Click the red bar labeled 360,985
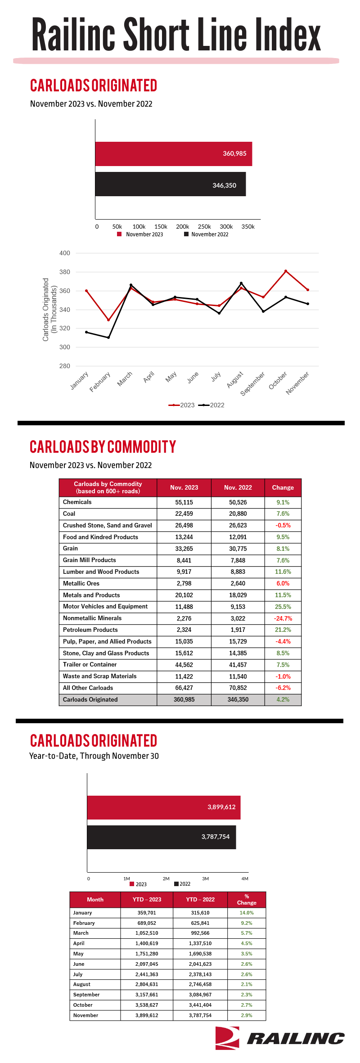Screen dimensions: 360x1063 (x=174, y=154)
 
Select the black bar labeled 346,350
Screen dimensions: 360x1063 (x=171, y=184)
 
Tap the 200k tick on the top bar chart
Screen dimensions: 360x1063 (x=182, y=227)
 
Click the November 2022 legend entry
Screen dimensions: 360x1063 (x=206, y=234)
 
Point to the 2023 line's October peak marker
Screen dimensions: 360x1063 (x=286, y=271)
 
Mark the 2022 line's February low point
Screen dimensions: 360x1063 (x=108, y=338)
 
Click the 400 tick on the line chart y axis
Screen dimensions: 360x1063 (x=65, y=253)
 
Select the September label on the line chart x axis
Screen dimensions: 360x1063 (x=253, y=383)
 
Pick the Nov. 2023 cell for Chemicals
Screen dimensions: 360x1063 (x=184, y=502)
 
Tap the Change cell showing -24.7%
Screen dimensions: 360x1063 (x=283, y=618)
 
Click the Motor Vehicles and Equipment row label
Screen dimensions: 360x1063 (x=105, y=607)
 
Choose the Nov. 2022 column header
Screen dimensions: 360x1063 (x=238, y=487)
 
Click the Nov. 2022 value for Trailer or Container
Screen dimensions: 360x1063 (x=238, y=665)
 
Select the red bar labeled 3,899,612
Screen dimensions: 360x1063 (x=164, y=807)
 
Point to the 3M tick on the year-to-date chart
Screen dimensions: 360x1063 (x=205, y=878)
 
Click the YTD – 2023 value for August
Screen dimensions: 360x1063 (x=147, y=984)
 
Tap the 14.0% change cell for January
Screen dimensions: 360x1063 (x=247, y=913)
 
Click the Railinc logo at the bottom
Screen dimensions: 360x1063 (x=279, y=1038)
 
